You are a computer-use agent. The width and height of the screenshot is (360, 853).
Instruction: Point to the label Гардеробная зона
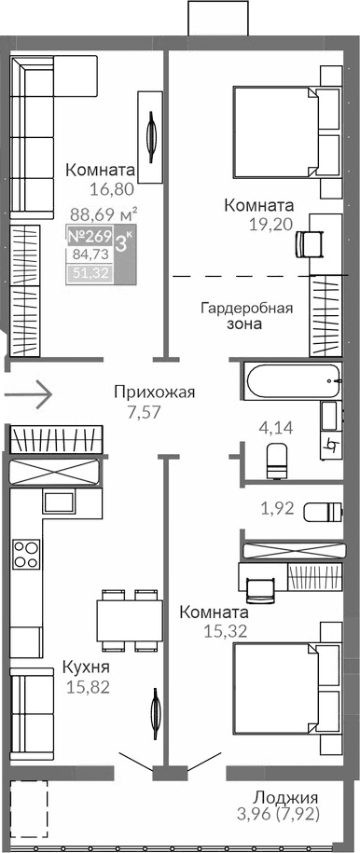tap(247, 317)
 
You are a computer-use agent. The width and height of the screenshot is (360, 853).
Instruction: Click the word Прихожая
tap(154, 392)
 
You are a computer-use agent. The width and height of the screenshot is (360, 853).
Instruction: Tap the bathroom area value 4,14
tap(275, 429)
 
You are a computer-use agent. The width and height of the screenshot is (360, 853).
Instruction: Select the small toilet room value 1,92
tap(277, 509)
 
